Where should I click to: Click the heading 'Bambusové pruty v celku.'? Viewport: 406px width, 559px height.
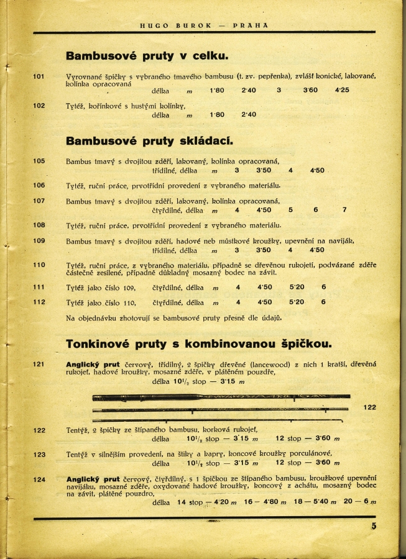pyautogui.click(x=147, y=57)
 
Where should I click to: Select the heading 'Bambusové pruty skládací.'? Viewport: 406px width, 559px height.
pyautogui.click(x=149, y=140)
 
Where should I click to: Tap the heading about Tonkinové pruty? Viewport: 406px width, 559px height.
pyautogui.click(x=198, y=343)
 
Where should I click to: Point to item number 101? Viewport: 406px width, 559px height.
pyautogui.click(x=39, y=76)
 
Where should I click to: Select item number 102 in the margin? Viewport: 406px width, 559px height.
pyautogui.click(x=39, y=106)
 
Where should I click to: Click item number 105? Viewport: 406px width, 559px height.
pyautogui.click(x=39, y=161)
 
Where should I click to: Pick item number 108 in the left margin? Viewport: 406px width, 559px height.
pyautogui.click(x=39, y=225)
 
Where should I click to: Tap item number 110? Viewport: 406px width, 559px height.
pyautogui.click(x=39, y=265)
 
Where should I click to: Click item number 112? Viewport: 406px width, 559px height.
pyautogui.click(x=39, y=302)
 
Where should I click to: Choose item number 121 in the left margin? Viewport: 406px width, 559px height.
pyautogui.click(x=39, y=364)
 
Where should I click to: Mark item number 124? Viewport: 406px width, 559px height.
pyautogui.click(x=39, y=479)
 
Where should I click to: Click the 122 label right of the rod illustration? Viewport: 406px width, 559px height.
pyautogui.click(x=370, y=407)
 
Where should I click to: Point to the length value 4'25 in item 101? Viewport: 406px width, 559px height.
pyautogui.click(x=342, y=91)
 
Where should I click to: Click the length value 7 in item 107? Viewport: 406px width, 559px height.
pyautogui.click(x=344, y=210)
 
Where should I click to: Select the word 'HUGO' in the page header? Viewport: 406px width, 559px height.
pyautogui.click(x=151, y=25)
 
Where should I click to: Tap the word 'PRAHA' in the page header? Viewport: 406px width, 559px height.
pyautogui.click(x=251, y=25)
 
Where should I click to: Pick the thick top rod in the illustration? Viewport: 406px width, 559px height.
pyautogui.click(x=221, y=397)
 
